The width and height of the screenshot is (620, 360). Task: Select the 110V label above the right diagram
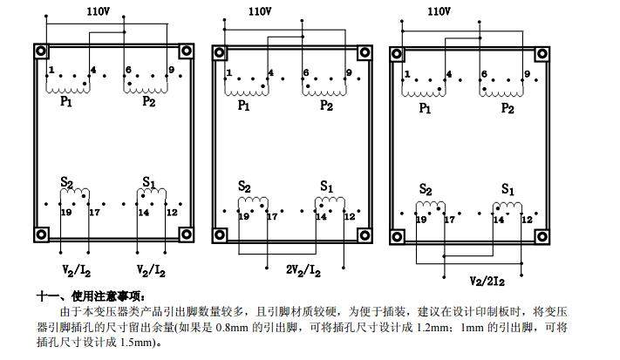pyautogui.click(x=439, y=11)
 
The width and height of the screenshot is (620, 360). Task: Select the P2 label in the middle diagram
pyautogui.click(x=326, y=105)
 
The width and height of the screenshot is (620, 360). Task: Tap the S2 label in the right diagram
pyautogui.click(x=426, y=189)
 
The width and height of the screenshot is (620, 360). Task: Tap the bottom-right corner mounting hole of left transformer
pyautogui.click(x=185, y=234)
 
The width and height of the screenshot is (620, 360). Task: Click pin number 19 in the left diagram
pyautogui.click(x=66, y=212)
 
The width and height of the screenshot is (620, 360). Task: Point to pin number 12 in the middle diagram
pyautogui.click(x=349, y=216)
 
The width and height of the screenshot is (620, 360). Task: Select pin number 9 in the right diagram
pyautogui.click(x=527, y=74)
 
